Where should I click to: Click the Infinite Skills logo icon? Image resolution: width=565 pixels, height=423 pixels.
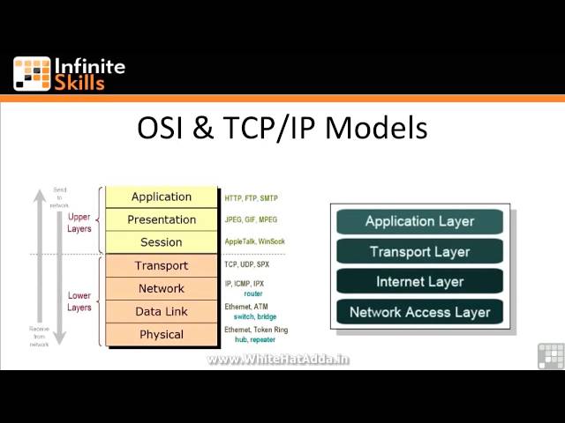(x=32, y=74)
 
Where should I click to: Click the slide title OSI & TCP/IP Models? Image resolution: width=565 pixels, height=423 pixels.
(x=282, y=129)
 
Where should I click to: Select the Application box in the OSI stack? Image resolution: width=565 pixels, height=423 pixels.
(x=162, y=197)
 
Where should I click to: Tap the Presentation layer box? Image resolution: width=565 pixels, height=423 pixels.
(x=162, y=219)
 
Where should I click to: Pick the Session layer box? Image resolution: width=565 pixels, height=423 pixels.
(x=162, y=242)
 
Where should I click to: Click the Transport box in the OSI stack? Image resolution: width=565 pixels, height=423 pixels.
(x=162, y=265)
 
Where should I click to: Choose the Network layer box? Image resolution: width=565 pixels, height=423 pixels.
(x=162, y=288)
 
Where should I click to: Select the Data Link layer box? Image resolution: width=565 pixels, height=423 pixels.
(x=162, y=311)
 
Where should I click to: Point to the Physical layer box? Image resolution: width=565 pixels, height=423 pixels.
(x=162, y=334)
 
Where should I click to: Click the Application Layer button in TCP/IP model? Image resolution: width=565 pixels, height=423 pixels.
(x=419, y=221)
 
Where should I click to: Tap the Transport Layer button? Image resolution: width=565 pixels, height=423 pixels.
(x=419, y=252)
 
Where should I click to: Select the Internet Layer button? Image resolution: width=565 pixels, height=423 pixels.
(x=419, y=282)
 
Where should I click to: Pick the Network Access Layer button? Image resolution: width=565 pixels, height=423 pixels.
(x=419, y=312)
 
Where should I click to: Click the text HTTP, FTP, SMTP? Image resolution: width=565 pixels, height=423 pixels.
(x=251, y=198)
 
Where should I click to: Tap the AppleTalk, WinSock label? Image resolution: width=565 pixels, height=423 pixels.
(x=254, y=242)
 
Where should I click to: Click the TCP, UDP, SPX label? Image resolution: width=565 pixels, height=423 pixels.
(x=247, y=264)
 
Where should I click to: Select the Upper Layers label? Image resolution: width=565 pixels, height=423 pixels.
(x=79, y=221)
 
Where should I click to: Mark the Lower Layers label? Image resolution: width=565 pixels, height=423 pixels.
(x=79, y=301)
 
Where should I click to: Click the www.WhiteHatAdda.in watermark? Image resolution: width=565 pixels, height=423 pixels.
(x=278, y=360)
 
